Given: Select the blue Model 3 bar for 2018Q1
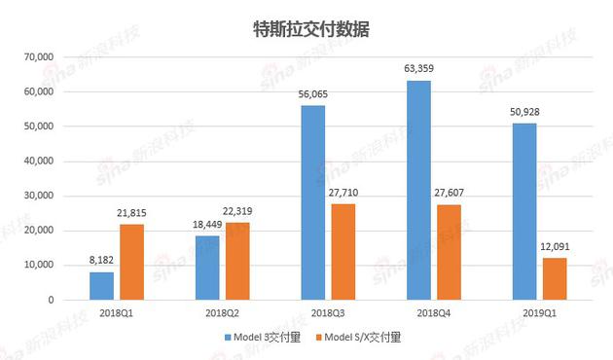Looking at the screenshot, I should pyautogui.click(x=102, y=286).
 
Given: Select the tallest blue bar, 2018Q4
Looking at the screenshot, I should pyautogui.click(x=418, y=190).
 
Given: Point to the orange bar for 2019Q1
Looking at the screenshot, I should pyautogui.click(x=554, y=278).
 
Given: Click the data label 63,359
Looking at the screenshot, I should pyautogui.click(x=418, y=68).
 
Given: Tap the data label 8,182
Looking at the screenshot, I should pyautogui.click(x=102, y=261).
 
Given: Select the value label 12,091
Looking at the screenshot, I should pyautogui.click(x=554, y=247).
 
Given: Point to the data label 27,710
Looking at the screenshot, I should pyautogui.click(x=343, y=194).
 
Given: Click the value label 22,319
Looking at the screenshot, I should pyautogui.click(x=238, y=212).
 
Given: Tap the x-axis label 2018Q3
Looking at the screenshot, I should pyautogui.click(x=328, y=313).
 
